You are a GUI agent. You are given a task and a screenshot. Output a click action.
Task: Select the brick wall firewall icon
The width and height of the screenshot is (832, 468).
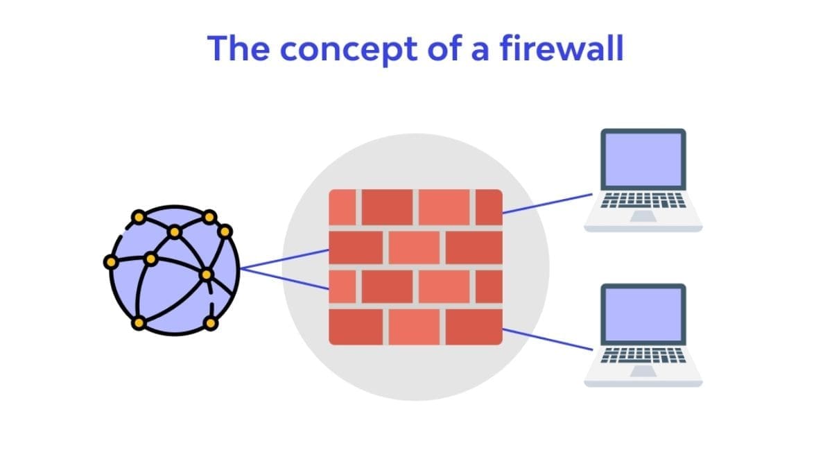pyautogui.click(x=415, y=267)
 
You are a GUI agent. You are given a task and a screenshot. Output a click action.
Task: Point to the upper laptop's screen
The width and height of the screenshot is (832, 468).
pyautogui.click(x=643, y=160)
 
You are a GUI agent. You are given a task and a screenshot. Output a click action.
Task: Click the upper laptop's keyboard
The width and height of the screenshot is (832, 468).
pyautogui.click(x=643, y=201)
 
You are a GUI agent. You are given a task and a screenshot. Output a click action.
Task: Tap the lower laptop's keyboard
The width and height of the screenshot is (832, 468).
pyautogui.click(x=643, y=356)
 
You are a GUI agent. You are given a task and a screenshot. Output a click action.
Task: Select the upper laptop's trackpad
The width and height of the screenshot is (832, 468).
pyautogui.click(x=643, y=216)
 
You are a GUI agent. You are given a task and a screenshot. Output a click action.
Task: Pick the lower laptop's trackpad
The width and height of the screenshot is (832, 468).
pyautogui.click(x=643, y=372)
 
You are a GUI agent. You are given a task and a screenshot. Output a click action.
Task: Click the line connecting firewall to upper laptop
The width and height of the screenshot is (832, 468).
pyautogui.click(x=548, y=204)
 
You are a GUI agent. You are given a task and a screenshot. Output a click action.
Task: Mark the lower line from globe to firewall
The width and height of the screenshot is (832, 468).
pyautogui.click(x=284, y=278)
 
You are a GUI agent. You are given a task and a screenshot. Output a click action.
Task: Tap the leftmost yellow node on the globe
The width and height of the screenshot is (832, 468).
pyautogui.click(x=110, y=262)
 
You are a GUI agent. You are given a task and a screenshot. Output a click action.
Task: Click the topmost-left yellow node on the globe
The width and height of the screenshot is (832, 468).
pyautogui.click(x=139, y=217)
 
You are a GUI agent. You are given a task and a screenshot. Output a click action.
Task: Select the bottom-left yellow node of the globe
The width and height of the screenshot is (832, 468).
pyautogui.click(x=139, y=323)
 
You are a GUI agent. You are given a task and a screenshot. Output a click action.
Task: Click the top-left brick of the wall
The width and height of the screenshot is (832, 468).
pyautogui.click(x=342, y=207)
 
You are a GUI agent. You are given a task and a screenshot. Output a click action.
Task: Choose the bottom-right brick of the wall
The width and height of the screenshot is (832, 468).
pyautogui.click(x=474, y=327)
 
